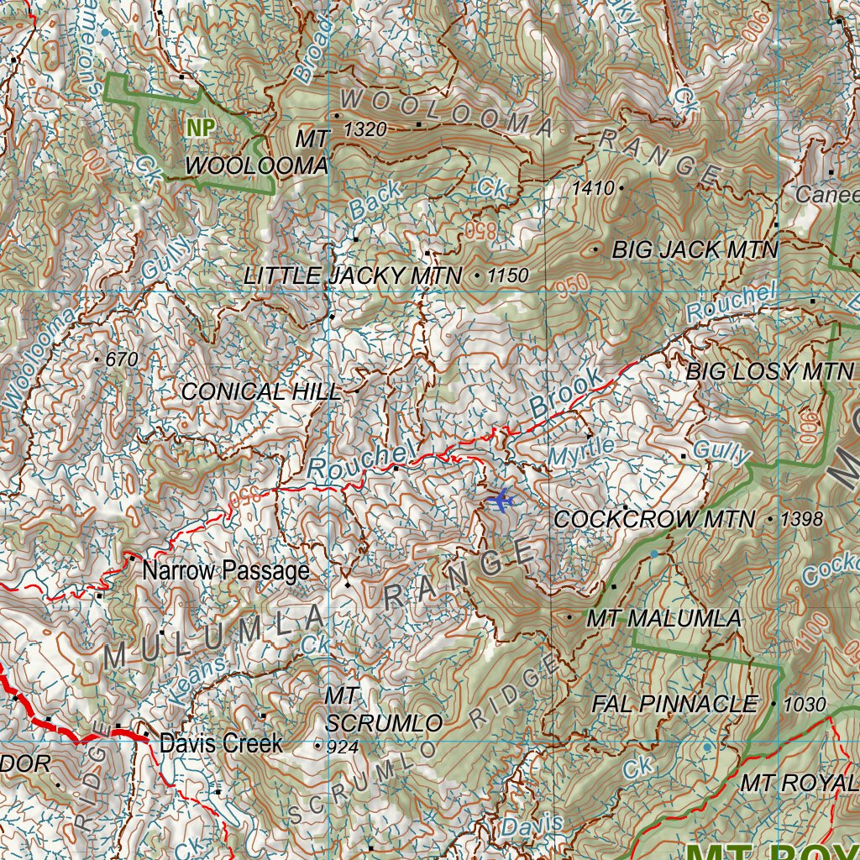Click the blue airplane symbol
pos(501,501)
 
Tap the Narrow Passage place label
pos(226,572)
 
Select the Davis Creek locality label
pos(221,743)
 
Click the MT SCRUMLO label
pos(384,710)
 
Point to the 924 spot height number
pos(342,745)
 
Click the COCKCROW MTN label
pos(654,520)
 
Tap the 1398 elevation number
pos(801,520)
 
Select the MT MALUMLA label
pos(663,619)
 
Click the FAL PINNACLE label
pos(674,704)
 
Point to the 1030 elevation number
pos(804,705)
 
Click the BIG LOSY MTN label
pos(769,371)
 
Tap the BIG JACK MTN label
pos(695,249)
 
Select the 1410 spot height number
pos(593,189)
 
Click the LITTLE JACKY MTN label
pos(353,275)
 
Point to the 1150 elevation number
pos(507,275)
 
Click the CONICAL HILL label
pos(261,391)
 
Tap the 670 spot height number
pos(121,359)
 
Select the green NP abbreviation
pos(201,128)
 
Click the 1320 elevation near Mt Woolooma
pos(365,129)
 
